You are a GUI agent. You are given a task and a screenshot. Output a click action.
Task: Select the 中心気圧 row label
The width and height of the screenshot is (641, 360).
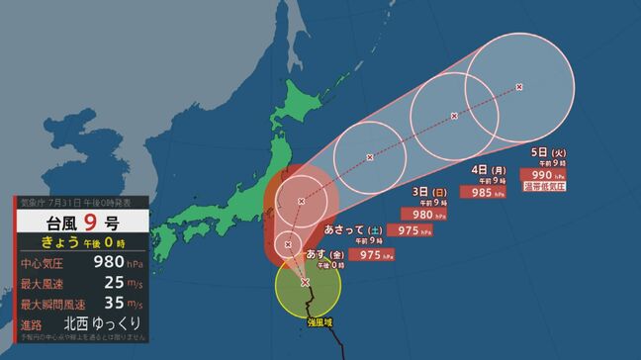(x=46, y=263)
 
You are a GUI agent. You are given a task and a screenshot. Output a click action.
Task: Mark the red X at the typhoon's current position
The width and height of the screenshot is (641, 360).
(x=305, y=283)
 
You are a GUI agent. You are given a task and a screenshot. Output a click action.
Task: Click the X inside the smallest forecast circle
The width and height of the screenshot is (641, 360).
(x=289, y=243)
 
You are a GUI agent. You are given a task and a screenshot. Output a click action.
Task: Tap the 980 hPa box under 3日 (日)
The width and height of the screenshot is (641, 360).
(x=423, y=214)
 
